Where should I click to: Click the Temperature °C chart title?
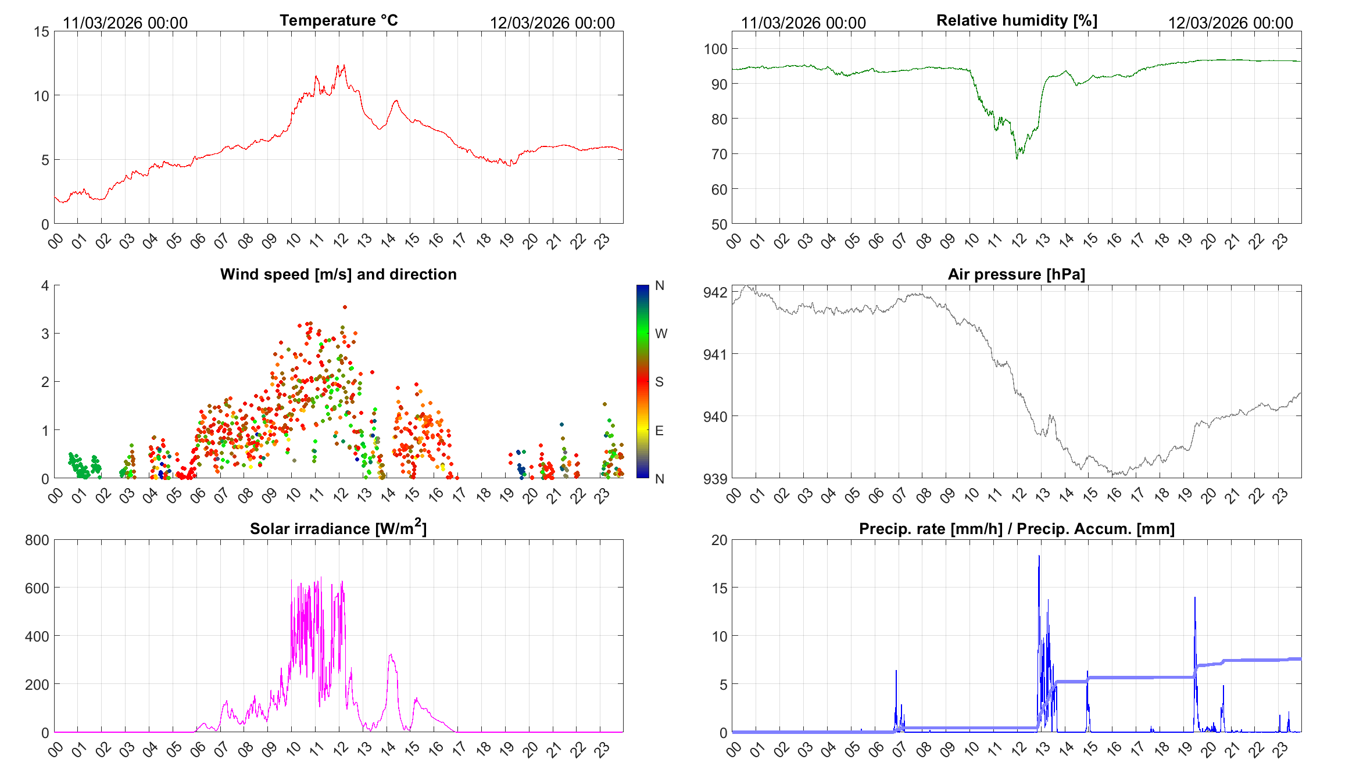tap(338, 20)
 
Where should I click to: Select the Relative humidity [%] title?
tap(1017, 20)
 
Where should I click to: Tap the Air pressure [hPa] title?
tap(1016, 274)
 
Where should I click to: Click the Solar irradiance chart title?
tap(338, 528)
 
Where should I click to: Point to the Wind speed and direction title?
tap(338, 274)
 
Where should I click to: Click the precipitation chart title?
tap(1017, 529)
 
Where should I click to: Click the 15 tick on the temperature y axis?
tap(41, 32)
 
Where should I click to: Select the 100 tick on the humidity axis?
tap(715, 49)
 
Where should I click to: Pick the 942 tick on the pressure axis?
tap(715, 292)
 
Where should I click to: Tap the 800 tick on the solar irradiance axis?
tap(37, 540)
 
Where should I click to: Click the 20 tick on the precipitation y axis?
tap(719, 540)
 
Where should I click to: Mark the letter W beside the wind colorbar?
tap(661, 334)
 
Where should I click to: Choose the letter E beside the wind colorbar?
tap(659, 431)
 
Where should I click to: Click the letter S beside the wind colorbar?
tap(659, 382)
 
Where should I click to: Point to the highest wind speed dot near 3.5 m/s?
tap(345, 307)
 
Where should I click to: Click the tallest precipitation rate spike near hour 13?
tap(1039, 556)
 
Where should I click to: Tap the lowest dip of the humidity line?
tap(1017, 158)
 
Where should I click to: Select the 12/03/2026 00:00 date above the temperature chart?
tap(552, 23)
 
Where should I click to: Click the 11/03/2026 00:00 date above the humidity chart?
tap(803, 23)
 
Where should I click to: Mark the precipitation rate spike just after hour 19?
tap(1195, 598)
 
